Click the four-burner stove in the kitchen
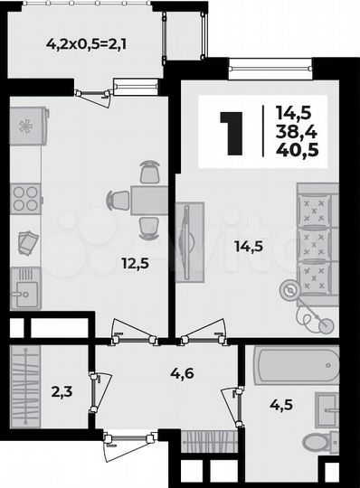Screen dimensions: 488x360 tap(26, 198)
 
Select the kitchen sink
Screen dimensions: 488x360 tap(25, 290)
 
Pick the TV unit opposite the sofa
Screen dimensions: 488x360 tap(189, 242)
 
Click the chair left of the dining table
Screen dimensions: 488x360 tap(118, 200)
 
